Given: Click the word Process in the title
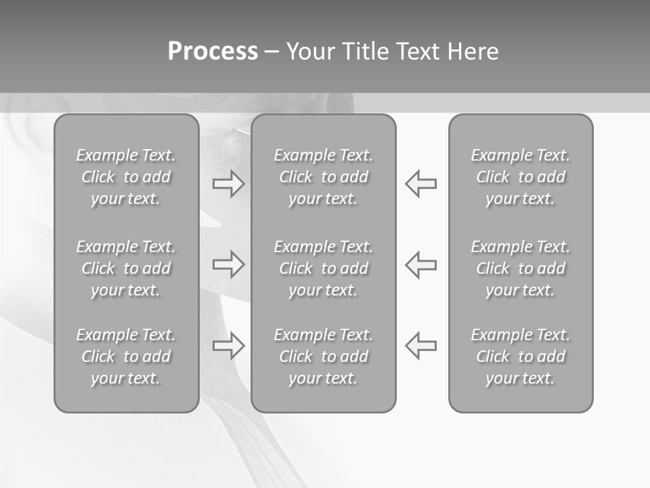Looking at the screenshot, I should [x=213, y=52].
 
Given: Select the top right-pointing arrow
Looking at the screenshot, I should [x=229, y=184].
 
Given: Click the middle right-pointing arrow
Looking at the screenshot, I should [x=229, y=264].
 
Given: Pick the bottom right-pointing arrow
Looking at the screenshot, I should [x=229, y=345].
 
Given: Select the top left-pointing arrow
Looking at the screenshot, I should [x=421, y=184].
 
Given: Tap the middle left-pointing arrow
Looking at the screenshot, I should [x=421, y=264].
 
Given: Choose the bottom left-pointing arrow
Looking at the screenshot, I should [x=421, y=345].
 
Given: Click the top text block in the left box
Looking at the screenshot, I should [x=126, y=177].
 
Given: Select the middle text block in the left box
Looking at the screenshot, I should [x=126, y=268].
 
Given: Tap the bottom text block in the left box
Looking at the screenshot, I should [x=126, y=357].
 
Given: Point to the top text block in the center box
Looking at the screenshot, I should [x=324, y=177].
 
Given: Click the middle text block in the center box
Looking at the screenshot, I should [x=324, y=268].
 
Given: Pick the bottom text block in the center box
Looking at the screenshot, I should [x=324, y=357].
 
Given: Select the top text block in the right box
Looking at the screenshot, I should [x=521, y=177].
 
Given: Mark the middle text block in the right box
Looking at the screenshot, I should [x=521, y=268].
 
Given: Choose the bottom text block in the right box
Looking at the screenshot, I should [x=521, y=357].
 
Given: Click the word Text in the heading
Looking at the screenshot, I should [x=418, y=52].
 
